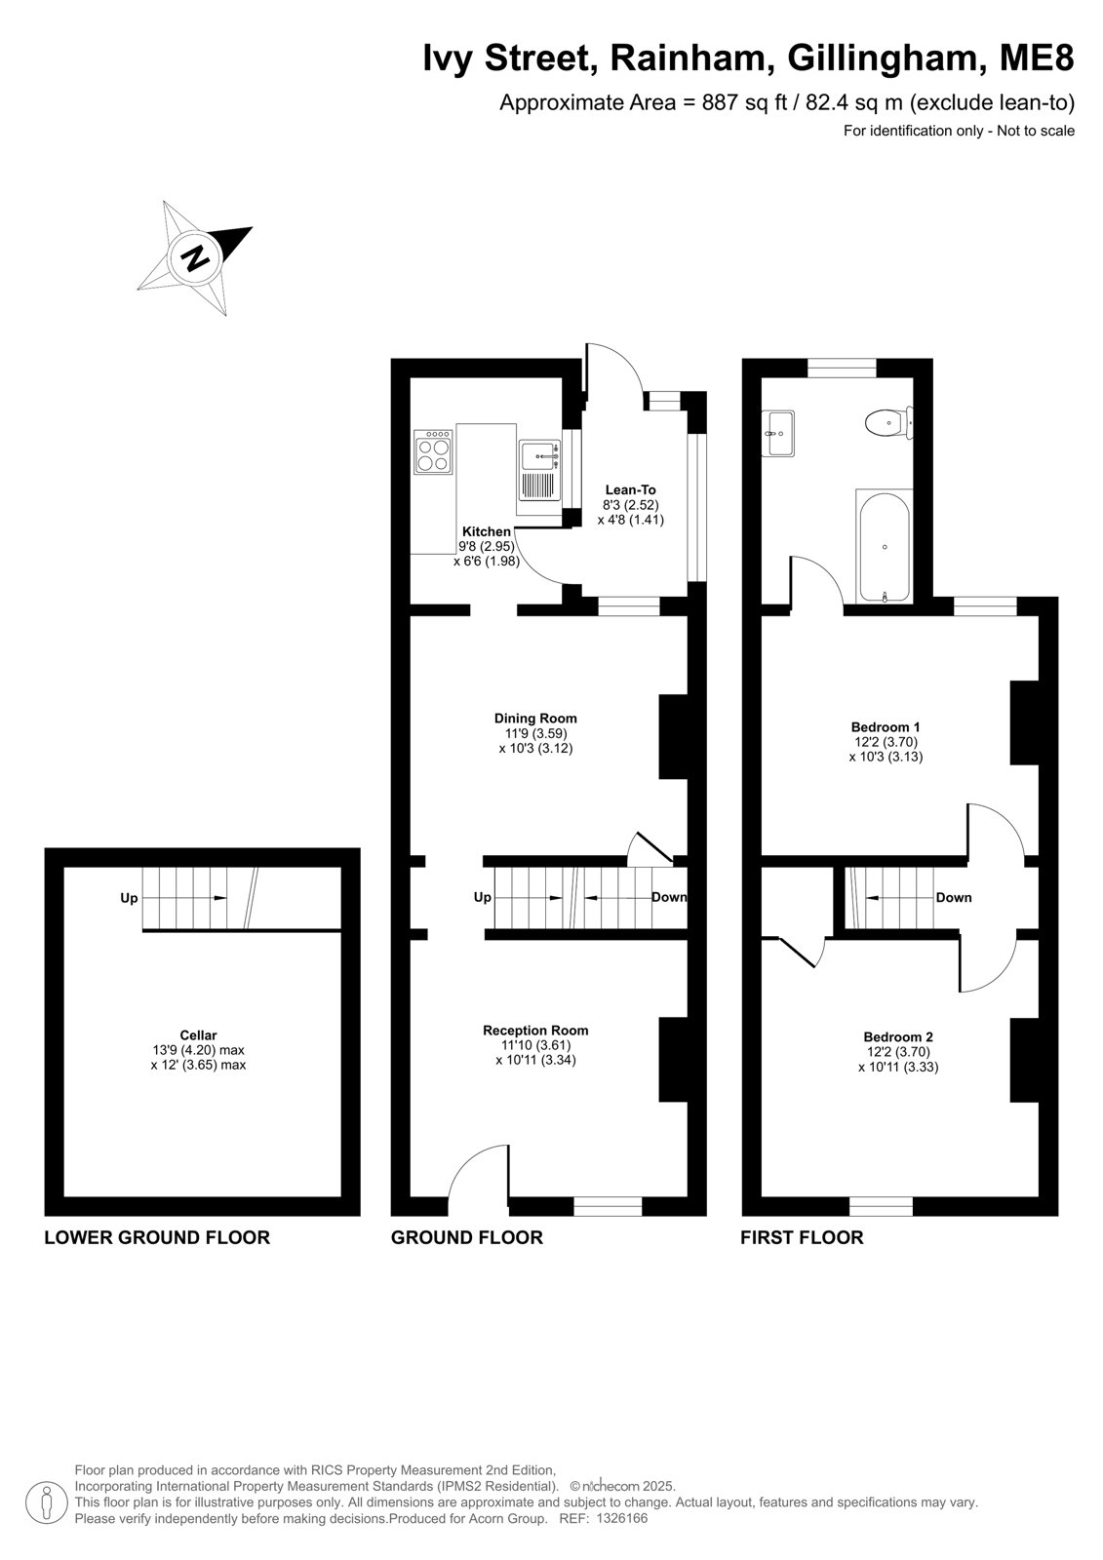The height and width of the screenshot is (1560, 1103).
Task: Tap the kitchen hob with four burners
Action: pyautogui.click(x=433, y=452)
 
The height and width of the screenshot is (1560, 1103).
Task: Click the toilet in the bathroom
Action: pyautogui.click(x=888, y=422)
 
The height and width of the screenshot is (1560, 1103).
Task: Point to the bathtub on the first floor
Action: pyautogui.click(x=885, y=547)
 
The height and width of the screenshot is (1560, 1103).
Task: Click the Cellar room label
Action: pyautogui.click(x=198, y=1034)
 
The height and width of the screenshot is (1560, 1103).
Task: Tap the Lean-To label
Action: pyautogui.click(x=631, y=489)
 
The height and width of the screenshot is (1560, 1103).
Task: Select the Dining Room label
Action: pyautogui.click(x=535, y=718)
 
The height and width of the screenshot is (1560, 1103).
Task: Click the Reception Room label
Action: pyautogui.click(x=535, y=1030)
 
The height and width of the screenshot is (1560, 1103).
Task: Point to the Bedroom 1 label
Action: pyautogui.click(x=886, y=727)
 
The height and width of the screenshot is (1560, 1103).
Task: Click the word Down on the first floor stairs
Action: pyautogui.click(x=953, y=898)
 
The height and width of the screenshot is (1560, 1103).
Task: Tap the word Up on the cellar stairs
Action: pyautogui.click(x=129, y=898)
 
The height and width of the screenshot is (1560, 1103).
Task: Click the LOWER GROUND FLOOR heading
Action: pyautogui.click(x=157, y=1237)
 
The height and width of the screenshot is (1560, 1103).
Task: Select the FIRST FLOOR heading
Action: pyautogui.click(x=802, y=1237)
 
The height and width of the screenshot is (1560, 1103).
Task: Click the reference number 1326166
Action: pyautogui.click(x=621, y=1518)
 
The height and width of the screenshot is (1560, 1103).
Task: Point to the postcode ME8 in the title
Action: pyautogui.click(x=1037, y=58)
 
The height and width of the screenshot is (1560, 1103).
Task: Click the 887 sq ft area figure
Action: pyautogui.click(x=744, y=103)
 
